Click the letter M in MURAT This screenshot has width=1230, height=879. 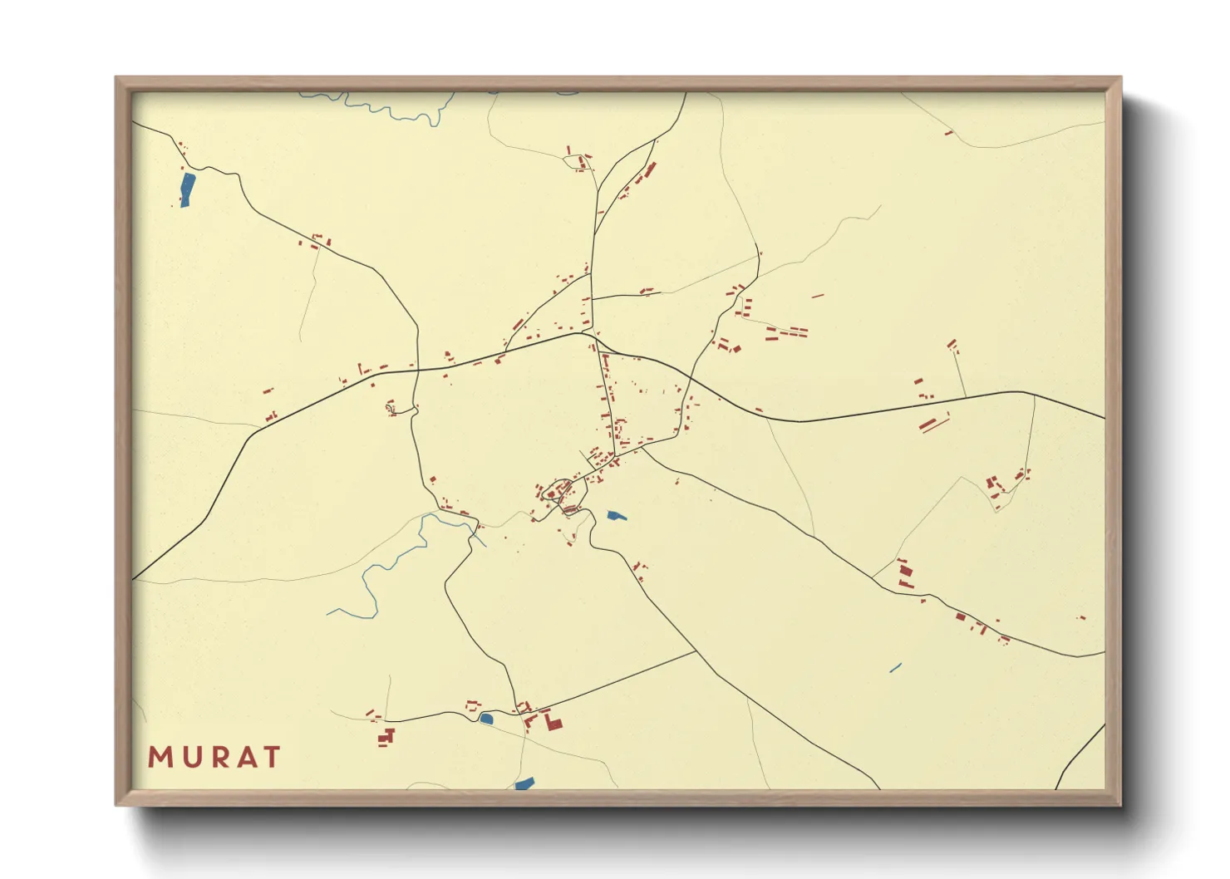coord(160,757)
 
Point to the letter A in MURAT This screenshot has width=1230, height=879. coord(244,757)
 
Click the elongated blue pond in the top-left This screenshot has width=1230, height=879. coord(187,189)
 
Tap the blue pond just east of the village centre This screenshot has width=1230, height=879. coord(615,516)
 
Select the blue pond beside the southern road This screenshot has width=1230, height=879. coord(486,718)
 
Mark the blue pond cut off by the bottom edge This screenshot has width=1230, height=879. coord(524,783)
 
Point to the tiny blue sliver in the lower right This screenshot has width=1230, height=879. coord(895,666)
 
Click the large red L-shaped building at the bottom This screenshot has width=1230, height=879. coord(552,721)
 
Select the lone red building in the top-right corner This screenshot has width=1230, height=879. coord(949,132)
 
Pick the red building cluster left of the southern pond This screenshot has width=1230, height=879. coord(385,736)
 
